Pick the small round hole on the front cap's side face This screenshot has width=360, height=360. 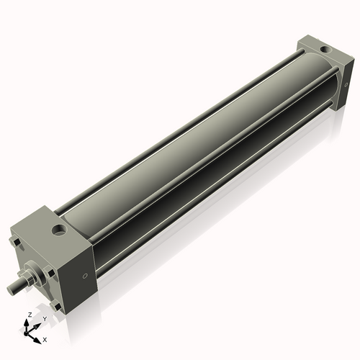pyautogui.click(x=87, y=274)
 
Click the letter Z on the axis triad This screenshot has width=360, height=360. pyautogui.click(x=28, y=315)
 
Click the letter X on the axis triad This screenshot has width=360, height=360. pyautogui.click(x=45, y=338)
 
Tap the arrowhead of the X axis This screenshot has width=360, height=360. pyautogui.click(x=39, y=336)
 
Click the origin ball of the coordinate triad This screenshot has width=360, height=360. pyautogui.click(x=30, y=332)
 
